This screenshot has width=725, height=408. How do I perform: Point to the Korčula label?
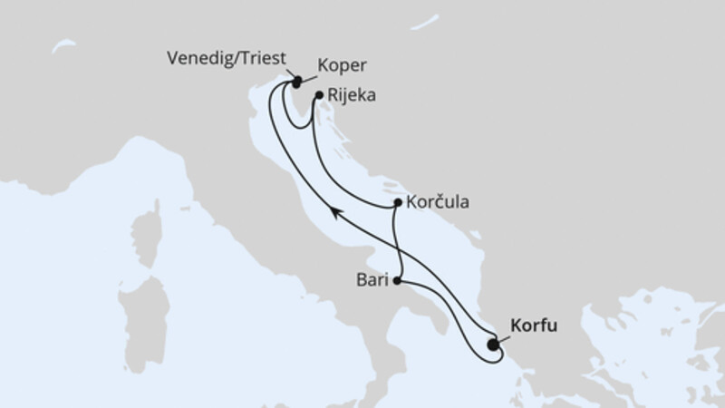coord(438,203)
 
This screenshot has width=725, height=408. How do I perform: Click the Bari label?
coord(372,281)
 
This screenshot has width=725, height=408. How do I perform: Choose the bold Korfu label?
coord(536,324)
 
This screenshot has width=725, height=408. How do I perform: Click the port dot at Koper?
coord(296,83)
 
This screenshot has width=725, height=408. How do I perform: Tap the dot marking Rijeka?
coord(319,94)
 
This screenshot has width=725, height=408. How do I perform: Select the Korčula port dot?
coord(399,205)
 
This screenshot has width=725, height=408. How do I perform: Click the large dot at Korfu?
coord(492,345)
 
